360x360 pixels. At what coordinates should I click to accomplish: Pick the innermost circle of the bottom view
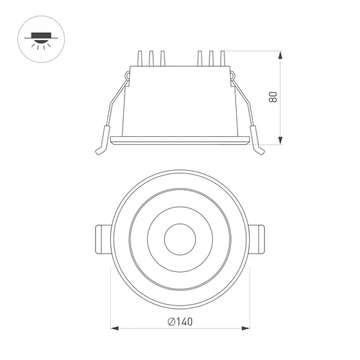180,241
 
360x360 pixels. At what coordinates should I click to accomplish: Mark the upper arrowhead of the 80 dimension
280,54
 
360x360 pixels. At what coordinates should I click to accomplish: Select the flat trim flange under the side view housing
180,139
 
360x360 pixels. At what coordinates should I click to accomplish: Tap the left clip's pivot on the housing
128,78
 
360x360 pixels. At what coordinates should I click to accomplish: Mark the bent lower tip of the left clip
99,150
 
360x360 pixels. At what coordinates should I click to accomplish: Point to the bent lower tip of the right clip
260,150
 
